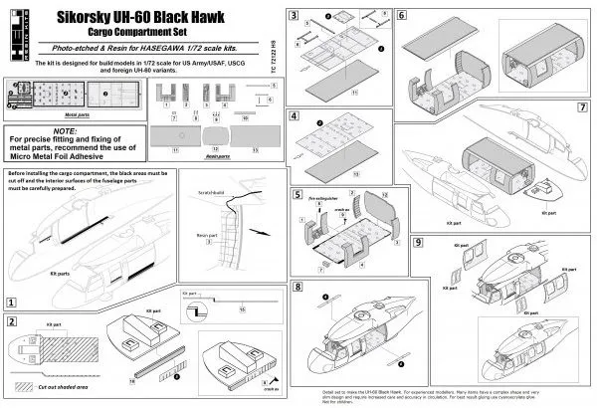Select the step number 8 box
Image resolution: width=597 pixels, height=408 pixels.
pos(297,287)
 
